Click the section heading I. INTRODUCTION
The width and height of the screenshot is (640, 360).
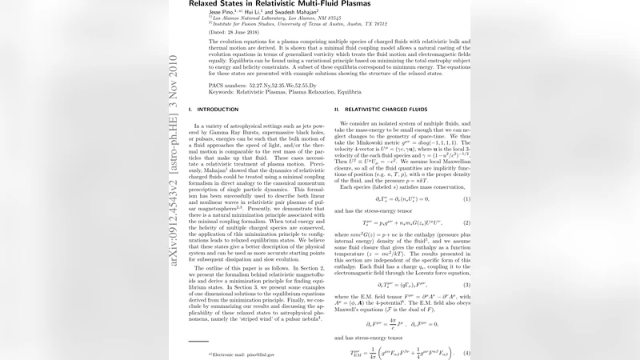click(208, 108)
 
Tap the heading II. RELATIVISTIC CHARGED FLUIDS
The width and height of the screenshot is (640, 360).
click(383, 108)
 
